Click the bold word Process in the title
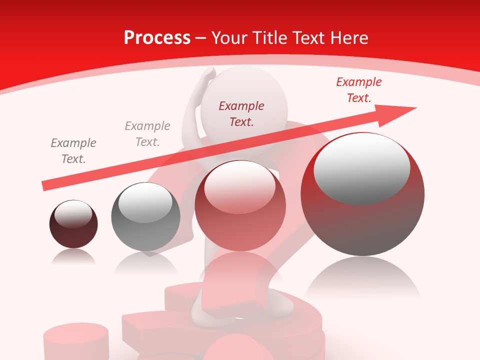tap(157, 38)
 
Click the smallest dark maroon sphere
tap(73, 224)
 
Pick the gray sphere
tap(145, 216)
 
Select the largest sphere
tap(362, 194)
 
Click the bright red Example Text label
tap(358, 90)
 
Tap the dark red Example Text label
tap(241, 113)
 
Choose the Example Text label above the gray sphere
tap(147, 133)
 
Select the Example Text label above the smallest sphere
tap(73, 150)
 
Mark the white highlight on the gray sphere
tap(145, 205)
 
